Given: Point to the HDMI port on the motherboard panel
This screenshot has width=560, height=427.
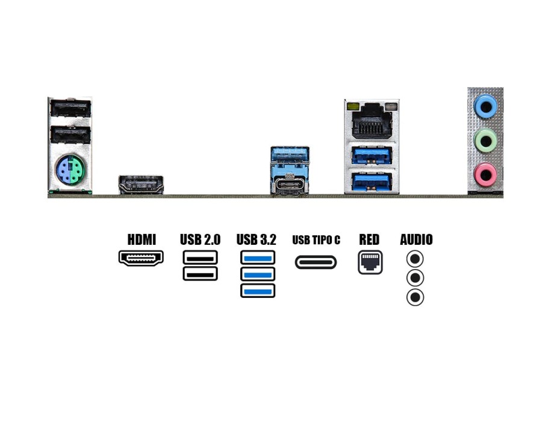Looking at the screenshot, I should pyautogui.click(x=141, y=184).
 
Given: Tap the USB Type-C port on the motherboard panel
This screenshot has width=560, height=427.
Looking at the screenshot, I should pyautogui.click(x=290, y=186).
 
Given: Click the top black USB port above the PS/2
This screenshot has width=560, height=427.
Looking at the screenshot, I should pyautogui.click(x=69, y=109).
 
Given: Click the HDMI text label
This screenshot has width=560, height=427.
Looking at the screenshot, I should pyautogui.click(x=142, y=239).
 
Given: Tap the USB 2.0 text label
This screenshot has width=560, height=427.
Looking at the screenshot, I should pyautogui.click(x=200, y=239).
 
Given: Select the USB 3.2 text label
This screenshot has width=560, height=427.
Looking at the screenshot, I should pyautogui.click(x=257, y=239).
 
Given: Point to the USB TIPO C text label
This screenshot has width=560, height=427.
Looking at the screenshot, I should pyautogui.click(x=316, y=240).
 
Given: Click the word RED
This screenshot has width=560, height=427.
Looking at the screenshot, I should pyautogui.click(x=369, y=239).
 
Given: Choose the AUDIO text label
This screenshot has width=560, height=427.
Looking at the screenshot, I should pyautogui.click(x=416, y=239).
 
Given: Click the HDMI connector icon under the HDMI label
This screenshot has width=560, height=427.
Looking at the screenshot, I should pyautogui.click(x=142, y=259).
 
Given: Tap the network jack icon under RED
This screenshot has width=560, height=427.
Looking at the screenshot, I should pyautogui.click(x=370, y=262).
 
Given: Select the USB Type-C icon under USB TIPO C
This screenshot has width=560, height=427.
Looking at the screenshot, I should pyautogui.click(x=316, y=262).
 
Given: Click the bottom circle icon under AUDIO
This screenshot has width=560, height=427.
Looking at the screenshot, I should pyautogui.click(x=415, y=297).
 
